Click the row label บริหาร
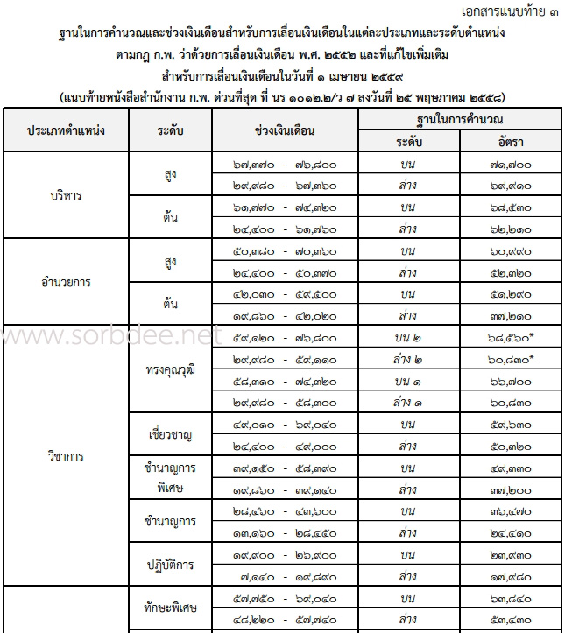pyautogui.click(x=67, y=195)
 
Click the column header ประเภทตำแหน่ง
pyautogui.click(x=67, y=130)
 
